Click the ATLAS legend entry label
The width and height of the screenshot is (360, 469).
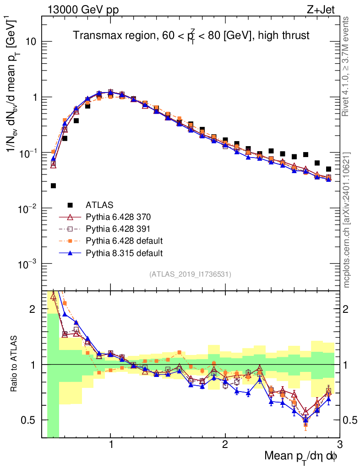[99, 205]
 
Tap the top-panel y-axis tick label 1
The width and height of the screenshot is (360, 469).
[34, 98]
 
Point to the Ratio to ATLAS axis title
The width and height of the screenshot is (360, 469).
[15, 364]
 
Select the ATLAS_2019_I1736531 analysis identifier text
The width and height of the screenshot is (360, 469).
[190, 274]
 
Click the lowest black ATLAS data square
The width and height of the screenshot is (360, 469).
[53, 185]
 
